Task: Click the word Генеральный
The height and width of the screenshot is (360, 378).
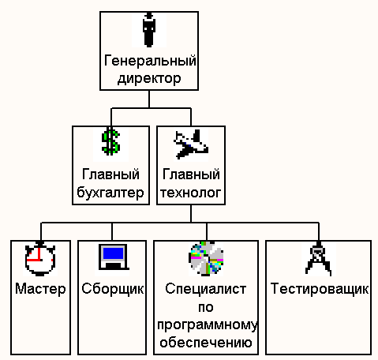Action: tap(150, 62)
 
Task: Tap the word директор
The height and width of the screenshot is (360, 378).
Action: tap(149, 78)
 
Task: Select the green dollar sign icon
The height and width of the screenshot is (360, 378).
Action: tap(111, 141)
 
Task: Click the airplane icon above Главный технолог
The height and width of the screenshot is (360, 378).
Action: tap(191, 144)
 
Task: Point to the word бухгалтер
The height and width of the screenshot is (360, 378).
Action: tap(110, 193)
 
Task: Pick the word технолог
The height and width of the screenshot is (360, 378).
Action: tap(191, 193)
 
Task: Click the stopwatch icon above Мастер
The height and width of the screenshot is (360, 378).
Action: tap(40, 258)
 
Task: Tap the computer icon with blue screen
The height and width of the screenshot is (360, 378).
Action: tap(114, 257)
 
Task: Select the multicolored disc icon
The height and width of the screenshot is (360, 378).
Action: tap(206, 259)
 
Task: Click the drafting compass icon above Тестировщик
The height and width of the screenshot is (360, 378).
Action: tap(318, 259)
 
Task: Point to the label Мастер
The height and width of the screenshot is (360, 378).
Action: tap(40, 289)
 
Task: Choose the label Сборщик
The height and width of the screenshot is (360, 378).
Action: tap(113, 289)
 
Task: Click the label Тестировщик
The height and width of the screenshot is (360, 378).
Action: tap(320, 289)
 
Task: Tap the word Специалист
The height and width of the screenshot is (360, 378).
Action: tap(206, 289)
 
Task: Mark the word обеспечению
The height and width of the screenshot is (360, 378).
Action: tap(206, 342)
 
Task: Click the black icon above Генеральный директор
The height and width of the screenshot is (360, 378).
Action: tap(149, 29)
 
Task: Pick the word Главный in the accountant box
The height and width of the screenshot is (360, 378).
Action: tap(110, 175)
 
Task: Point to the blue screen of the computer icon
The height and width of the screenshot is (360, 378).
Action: tap(114, 253)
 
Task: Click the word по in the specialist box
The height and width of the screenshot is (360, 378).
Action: tap(206, 307)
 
